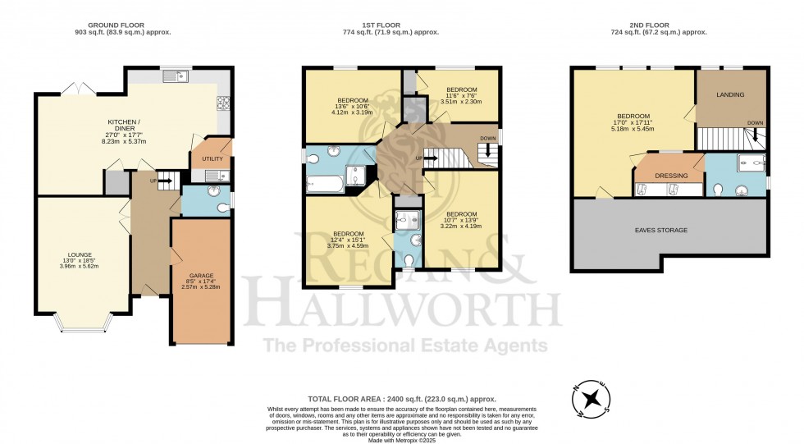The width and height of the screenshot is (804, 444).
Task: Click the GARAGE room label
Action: coord(200,276)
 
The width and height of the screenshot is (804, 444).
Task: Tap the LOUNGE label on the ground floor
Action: coord(80,254)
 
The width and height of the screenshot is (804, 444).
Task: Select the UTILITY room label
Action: coord(212,159)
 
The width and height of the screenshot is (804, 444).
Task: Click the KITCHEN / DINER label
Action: coord(125,125)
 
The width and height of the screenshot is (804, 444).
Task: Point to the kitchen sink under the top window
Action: coord(176,77)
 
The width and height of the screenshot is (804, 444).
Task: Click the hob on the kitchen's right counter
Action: coord(223,103)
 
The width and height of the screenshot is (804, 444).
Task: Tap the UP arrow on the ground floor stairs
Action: coord(165,181)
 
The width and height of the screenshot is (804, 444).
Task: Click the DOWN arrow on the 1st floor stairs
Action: coord(487,151)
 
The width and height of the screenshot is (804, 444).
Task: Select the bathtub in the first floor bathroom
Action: coord(325,184)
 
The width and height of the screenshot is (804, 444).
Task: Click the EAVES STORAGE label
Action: coord(661,230)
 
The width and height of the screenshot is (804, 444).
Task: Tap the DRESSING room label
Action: coord(671,176)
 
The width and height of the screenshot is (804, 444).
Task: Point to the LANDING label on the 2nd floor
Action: coord(730,95)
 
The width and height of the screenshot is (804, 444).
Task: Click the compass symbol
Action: coord(592,398)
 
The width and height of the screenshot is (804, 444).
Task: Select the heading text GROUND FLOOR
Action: coord(116,25)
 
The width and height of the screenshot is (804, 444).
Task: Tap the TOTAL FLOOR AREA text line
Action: coord(402,399)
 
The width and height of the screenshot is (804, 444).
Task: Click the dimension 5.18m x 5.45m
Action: coord(633,129)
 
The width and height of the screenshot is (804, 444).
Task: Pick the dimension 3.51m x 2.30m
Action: coord(461,102)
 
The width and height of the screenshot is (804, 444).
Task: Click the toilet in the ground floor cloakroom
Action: coord(223,208)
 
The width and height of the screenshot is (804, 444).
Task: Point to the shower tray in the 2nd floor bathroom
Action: coord(751,162)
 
